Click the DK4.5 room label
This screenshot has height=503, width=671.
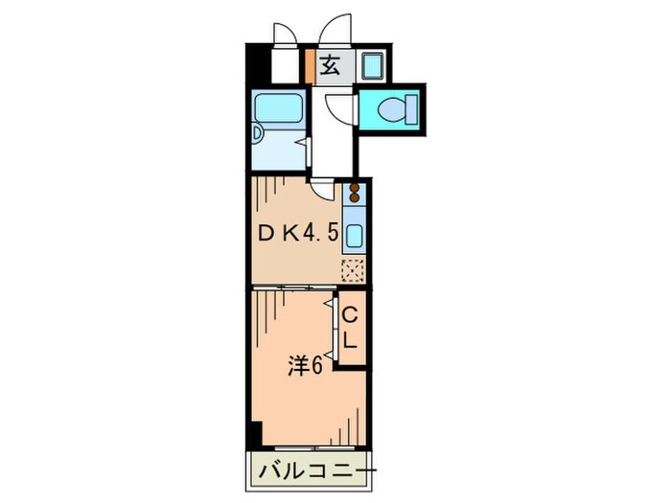296,233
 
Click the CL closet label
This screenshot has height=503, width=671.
351,328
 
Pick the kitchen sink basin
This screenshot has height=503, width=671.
354,236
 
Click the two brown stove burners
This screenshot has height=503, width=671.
355,194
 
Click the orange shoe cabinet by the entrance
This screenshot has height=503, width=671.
309,65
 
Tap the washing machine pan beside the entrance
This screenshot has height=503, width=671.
371,66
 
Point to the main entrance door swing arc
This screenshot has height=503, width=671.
337,29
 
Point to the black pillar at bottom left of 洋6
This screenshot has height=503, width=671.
254,433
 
